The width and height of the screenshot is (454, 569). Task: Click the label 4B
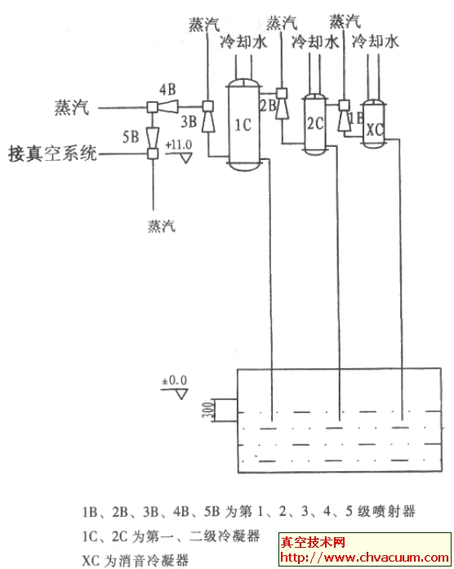click(x=168, y=88)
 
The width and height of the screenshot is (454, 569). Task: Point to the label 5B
click(x=130, y=137)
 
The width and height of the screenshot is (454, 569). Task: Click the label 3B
click(x=189, y=123)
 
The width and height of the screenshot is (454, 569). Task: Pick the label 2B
click(x=267, y=104)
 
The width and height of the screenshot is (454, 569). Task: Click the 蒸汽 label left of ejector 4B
click(x=68, y=105)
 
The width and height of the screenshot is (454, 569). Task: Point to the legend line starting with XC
click(x=136, y=560)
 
